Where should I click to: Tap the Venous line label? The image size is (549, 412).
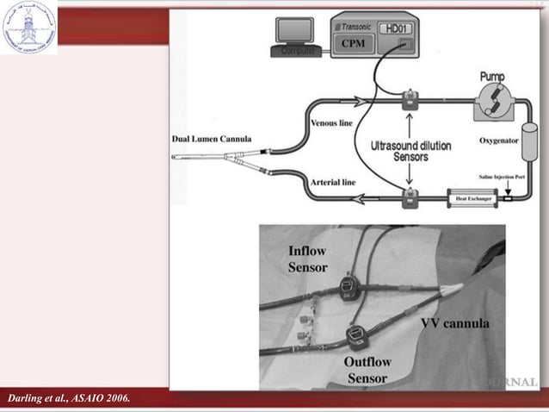click(330, 124)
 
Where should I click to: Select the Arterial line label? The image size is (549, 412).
click(331, 183)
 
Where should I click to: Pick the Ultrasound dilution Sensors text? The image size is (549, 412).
click(410, 152)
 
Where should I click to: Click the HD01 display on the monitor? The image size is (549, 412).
click(397, 28)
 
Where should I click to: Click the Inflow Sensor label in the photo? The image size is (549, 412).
click(308, 258)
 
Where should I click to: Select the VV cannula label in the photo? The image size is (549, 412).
click(454, 324)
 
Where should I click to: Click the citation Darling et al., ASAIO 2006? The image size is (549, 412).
click(69, 397)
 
